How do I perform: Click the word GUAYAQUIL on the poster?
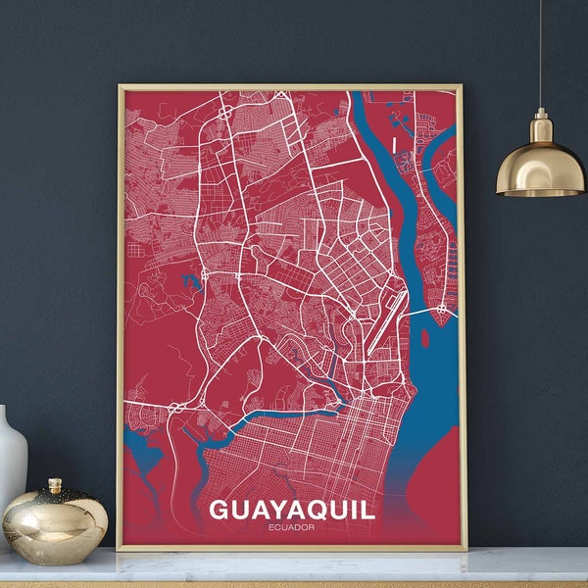coord(291,512)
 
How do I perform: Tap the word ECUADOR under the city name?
coord(291,530)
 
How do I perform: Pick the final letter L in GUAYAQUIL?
coord(367,512)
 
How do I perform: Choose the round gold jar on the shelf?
coord(55,524)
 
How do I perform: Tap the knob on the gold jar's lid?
coord(55,484)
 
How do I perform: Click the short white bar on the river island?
coord(395,143)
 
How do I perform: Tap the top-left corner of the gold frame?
coord(120,87)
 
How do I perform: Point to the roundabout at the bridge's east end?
coord(442,309)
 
